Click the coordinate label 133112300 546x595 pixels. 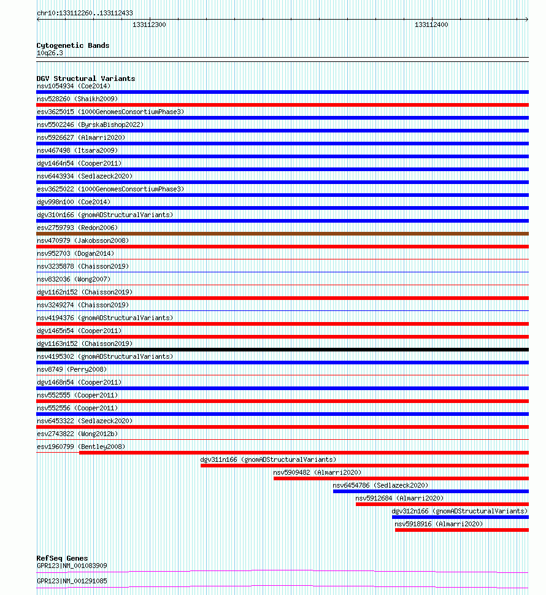point(149,25)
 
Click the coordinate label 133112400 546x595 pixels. point(431,25)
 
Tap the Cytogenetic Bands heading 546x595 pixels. point(73,45)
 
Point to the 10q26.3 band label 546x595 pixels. point(50,53)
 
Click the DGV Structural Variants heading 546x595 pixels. point(86,79)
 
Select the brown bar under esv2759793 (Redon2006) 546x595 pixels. point(282,234)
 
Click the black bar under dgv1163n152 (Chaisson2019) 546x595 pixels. point(282,350)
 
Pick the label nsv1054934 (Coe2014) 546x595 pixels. point(74,86)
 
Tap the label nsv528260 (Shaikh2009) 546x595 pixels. point(77,99)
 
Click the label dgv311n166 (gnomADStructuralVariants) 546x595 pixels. point(268,459)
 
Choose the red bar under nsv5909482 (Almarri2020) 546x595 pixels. point(401,478)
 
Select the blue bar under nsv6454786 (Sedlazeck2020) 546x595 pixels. point(430,491)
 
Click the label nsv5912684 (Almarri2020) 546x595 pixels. point(399,498)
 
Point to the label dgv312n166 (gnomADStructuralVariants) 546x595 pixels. point(459,511)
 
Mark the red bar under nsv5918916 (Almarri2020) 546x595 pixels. point(461,530)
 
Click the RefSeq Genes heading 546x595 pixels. point(62,558)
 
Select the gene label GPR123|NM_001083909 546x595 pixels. point(72,566)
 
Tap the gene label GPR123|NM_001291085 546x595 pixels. point(72,581)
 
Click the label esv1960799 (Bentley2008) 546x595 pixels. point(81,447)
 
